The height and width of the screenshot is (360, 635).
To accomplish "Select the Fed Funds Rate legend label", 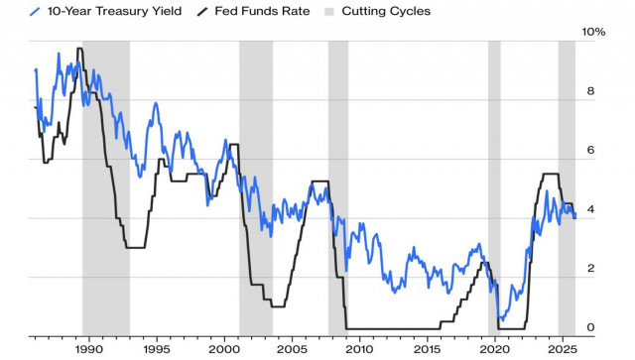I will click(x=261, y=12).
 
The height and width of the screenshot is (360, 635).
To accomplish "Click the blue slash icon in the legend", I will click(x=36, y=12).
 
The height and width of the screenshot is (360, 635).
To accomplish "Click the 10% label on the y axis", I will click(x=592, y=32).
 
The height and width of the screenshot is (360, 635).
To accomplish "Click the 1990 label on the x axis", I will click(x=88, y=348).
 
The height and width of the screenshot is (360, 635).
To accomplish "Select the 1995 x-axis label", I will click(x=156, y=348).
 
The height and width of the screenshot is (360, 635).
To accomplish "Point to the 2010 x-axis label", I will click(x=359, y=348).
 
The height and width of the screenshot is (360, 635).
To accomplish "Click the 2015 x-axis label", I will click(x=427, y=348).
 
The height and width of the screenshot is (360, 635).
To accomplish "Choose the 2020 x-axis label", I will click(x=494, y=348).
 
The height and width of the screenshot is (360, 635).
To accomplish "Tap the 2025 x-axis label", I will click(x=562, y=348).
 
